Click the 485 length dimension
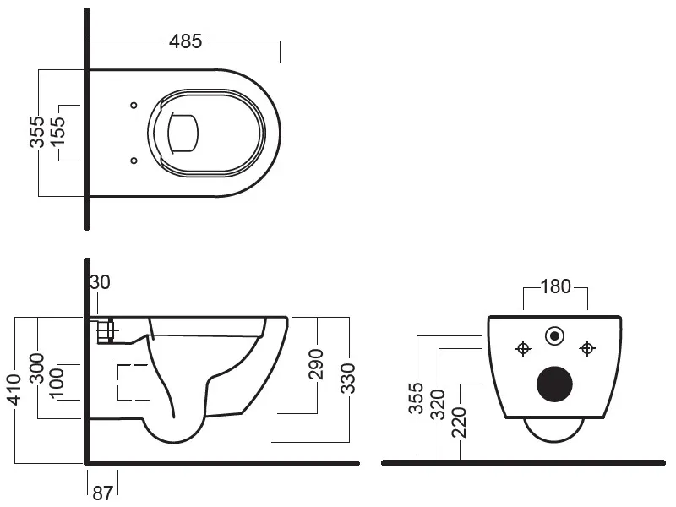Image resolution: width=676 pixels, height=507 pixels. pyautogui.click(x=185, y=41)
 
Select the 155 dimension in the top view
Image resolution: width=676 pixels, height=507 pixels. pyautogui.click(x=58, y=132)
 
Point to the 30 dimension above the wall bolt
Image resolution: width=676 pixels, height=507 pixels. pyautogui.click(x=100, y=282)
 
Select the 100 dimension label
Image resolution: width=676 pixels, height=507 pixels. pyautogui.click(x=58, y=382)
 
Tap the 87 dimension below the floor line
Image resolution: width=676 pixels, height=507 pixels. pyautogui.click(x=102, y=493)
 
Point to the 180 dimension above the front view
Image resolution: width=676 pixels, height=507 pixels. pyautogui.click(x=554, y=286)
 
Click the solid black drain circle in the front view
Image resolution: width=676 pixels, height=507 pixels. pyautogui.click(x=555, y=384)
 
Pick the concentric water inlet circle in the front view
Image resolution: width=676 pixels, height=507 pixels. pyautogui.click(x=555, y=335)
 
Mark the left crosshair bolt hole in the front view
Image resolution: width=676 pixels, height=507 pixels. pyautogui.click(x=523, y=347)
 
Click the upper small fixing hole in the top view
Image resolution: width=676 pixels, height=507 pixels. pyautogui.click(x=134, y=106)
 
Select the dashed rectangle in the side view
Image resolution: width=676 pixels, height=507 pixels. pyautogui.click(x=132, y=382)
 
